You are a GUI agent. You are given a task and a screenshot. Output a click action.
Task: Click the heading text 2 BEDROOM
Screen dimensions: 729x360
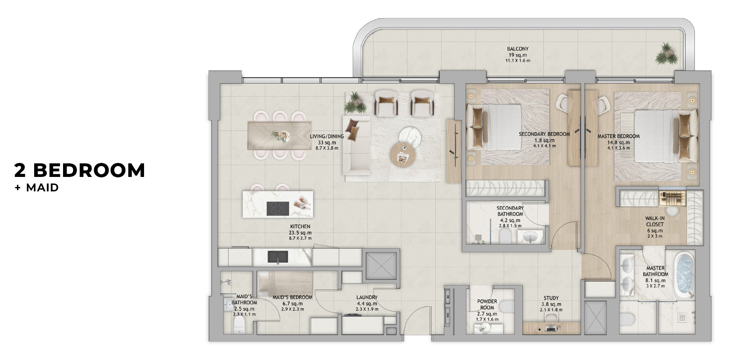coord(80,170)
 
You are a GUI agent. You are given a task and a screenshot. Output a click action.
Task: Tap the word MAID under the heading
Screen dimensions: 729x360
coord(42,188)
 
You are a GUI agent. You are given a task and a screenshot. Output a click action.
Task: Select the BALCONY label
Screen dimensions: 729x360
coord(518,49)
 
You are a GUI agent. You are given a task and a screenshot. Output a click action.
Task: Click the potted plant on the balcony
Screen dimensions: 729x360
coord(666,54)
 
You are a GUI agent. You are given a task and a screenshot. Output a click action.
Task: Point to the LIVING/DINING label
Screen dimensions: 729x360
coord(327,136)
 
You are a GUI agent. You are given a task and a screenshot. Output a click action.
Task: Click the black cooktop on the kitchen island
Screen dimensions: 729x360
coord(278,208)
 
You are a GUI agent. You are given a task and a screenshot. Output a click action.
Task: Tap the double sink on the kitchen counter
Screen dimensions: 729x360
coord(278,257)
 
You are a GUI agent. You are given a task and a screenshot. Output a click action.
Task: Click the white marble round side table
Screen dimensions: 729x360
coord(410,137)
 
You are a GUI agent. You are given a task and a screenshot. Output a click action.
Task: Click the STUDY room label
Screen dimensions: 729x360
coord(551,298)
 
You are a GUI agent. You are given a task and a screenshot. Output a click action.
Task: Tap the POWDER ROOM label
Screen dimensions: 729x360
coord(487,304)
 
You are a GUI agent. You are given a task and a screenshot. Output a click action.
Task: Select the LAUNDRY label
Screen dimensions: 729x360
coord(367,297)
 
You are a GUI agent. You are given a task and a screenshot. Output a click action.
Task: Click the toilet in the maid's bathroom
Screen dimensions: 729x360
coord(239,325)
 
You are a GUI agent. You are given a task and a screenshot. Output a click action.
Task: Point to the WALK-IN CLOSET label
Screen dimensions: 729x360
coord(655,221)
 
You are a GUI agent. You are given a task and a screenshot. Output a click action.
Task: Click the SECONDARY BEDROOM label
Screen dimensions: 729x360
coord(544,134)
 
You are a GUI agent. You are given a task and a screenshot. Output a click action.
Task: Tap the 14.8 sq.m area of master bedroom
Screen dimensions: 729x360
coord(619,143)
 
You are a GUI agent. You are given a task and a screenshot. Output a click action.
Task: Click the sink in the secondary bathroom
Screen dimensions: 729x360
coord(531,237)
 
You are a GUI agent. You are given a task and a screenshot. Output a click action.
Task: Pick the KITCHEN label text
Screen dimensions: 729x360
coord(300,226)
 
